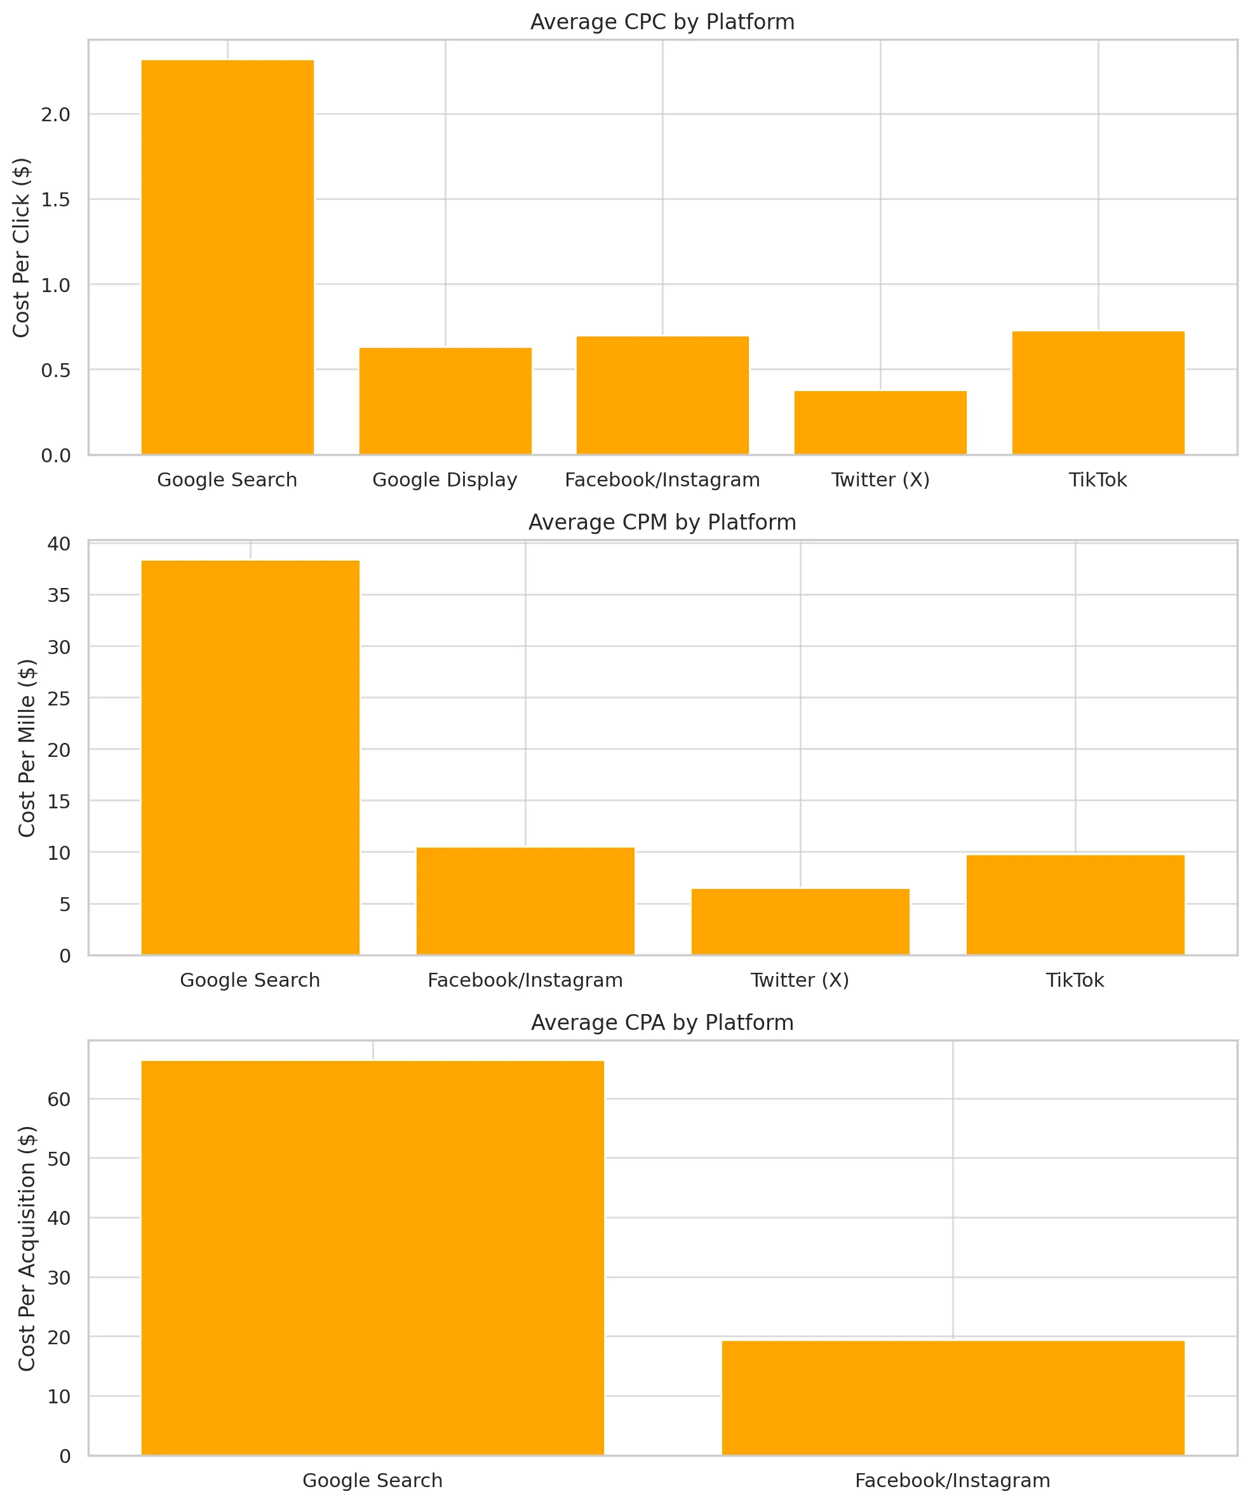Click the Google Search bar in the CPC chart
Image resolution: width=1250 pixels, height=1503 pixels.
227,258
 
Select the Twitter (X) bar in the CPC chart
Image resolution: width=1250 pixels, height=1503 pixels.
880,423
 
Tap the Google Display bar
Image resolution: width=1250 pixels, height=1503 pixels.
445,401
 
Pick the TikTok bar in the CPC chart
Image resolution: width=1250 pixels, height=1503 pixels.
1098,393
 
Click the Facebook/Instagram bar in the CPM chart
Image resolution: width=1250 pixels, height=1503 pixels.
525,901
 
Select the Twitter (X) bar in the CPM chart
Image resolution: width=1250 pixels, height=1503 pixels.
800,922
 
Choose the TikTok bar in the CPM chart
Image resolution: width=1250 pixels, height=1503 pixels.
1075,905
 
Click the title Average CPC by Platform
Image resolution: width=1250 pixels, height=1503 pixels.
662,22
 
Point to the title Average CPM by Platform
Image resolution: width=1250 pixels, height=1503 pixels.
662,523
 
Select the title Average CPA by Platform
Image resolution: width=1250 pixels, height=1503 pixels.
662,1023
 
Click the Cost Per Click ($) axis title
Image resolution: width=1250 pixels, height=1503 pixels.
22,248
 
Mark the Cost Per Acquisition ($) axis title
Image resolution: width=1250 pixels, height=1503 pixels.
27,1248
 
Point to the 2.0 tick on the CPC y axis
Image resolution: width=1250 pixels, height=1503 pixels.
56,114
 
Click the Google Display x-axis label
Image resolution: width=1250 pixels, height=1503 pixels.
445,479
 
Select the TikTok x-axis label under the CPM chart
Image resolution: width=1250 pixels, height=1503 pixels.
1075,980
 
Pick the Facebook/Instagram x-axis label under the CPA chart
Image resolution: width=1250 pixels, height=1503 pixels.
952,1480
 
